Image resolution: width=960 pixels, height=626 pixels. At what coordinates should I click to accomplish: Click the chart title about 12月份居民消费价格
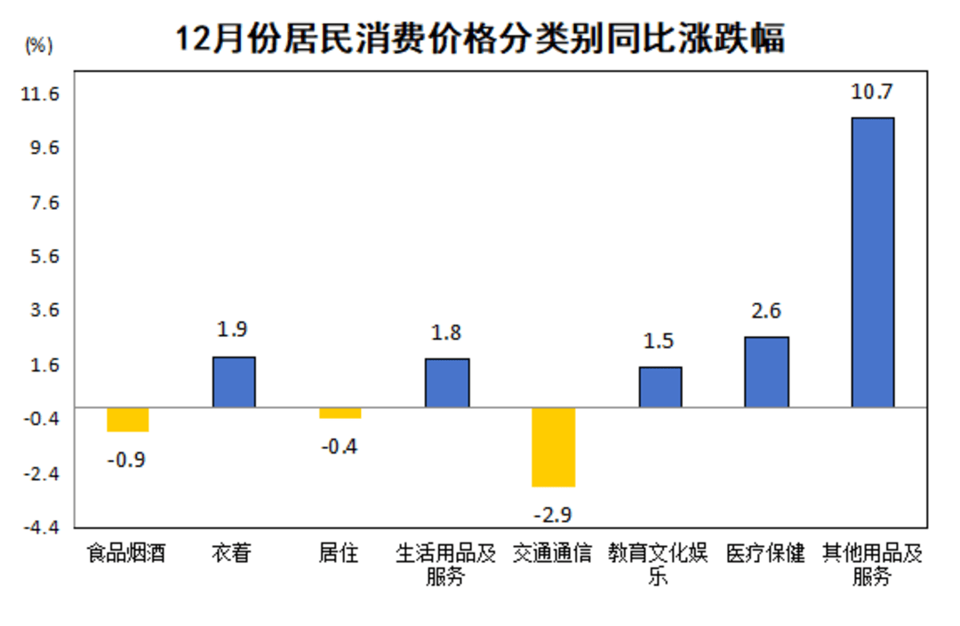tap(480, 40)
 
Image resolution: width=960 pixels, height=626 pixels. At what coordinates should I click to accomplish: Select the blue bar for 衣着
tap(234, 381)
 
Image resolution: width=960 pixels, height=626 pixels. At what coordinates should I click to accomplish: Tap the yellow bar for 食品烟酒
tap(128, 420)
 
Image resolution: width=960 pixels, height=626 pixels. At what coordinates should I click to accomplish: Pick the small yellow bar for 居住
tap(340, 413)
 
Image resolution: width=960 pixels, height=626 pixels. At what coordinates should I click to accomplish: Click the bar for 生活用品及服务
tap(447, 382)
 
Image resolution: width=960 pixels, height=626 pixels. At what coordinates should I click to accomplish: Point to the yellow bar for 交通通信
tap(554, 447)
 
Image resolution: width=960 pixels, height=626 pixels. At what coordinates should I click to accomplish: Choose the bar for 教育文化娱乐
tap(660, 387)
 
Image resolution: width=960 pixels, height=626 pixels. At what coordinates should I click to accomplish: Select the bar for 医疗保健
tap(766, 372)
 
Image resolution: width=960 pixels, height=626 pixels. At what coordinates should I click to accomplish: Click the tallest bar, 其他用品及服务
tap(873, 262)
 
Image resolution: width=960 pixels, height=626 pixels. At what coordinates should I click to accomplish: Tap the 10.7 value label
tap(872, 91)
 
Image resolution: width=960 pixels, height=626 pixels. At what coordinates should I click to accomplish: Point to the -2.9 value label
tap(554, 515)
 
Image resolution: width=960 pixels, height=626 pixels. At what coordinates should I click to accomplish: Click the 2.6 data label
tap(766, 311)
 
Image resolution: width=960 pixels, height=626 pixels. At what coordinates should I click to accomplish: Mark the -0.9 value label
tap(126, 460)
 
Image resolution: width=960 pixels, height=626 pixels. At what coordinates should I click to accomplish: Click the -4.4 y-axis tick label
tap(39, 527)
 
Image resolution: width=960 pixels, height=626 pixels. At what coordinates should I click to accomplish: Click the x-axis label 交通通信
tap(553, 554)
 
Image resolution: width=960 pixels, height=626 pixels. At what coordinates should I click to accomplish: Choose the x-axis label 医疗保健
tap(765, 554)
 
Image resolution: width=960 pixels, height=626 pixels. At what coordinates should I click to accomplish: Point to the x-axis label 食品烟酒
tap(126, 554)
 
